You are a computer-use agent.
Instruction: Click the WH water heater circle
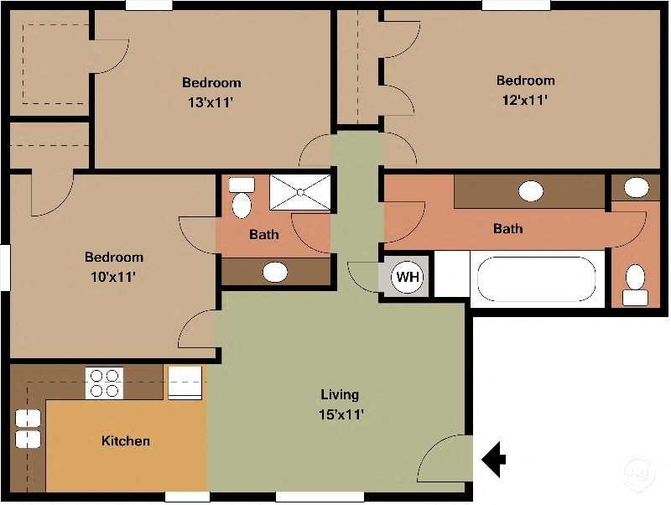click(408, 277)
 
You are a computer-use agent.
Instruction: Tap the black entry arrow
click(495, 459)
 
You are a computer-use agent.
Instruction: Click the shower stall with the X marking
click(299, 192)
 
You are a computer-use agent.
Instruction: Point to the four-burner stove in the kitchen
click(105, 383)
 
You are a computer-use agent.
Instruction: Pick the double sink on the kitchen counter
click(28, 429)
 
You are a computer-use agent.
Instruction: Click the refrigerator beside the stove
click(185, 382)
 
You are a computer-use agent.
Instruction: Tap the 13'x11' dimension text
click(211, 103)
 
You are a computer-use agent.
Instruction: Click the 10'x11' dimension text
click(113, 275)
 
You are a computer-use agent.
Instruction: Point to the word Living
click(340, 394)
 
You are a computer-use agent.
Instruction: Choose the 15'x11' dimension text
click(340, 414)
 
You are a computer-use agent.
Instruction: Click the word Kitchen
click(126, 440)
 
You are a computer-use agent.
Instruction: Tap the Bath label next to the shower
click(263, 235)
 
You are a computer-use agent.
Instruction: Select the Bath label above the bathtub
click(507, 228)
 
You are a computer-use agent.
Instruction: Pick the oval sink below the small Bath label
click(275, 272)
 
